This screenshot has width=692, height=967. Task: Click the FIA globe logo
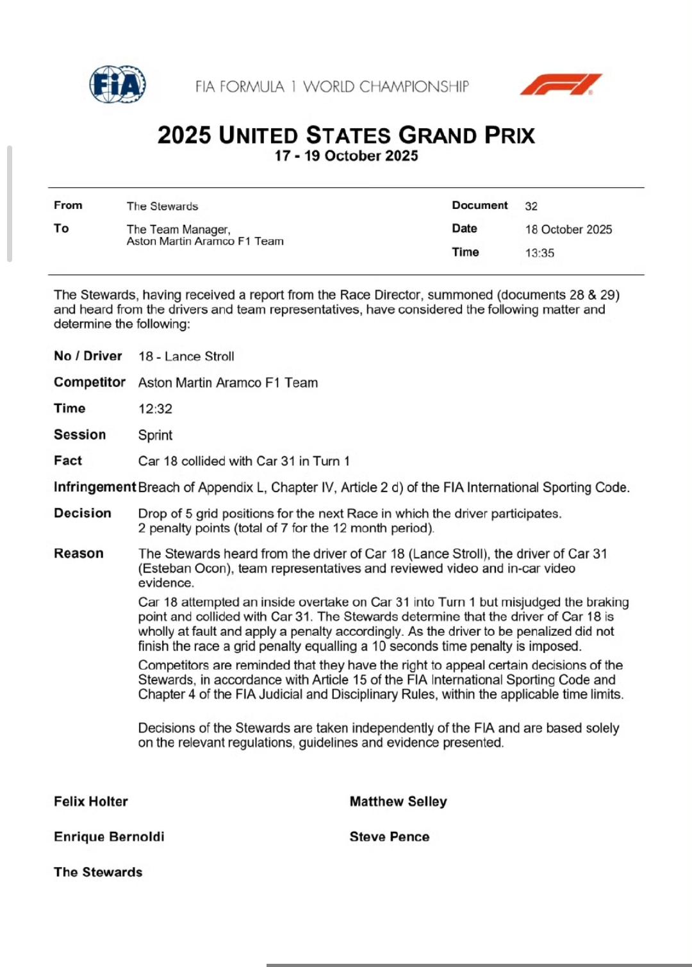[x=117, y=85]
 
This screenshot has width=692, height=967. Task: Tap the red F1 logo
[x=560, y=85]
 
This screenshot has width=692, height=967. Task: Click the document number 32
[x=531, y=206]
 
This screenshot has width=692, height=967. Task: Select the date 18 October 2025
[x=568, y=229]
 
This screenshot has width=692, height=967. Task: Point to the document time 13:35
[x=540, y=253]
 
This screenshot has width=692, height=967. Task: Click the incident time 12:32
[x=155, y=409]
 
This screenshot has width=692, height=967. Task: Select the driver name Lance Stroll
[x=199, y=356]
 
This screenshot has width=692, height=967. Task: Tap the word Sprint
[x=155, y=435]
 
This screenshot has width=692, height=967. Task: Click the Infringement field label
[x=95, y=487]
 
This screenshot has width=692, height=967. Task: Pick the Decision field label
[x=83, y=513]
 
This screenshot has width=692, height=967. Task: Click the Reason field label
[x=78, y=554]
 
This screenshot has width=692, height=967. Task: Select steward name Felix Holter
[x=90, y=802]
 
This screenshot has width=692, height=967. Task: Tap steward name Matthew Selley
[x=398, y=802]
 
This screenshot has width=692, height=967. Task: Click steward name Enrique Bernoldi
[x=109, y=837]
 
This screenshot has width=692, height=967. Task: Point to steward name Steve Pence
[x=389, y=837]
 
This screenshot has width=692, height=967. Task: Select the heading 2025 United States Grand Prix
[x=346, y=135]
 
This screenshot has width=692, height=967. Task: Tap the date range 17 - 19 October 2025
[x=346, y=156]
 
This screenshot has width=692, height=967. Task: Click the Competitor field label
[x=89, y=383]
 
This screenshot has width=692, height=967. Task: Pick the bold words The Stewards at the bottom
[x=98, y=872]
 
